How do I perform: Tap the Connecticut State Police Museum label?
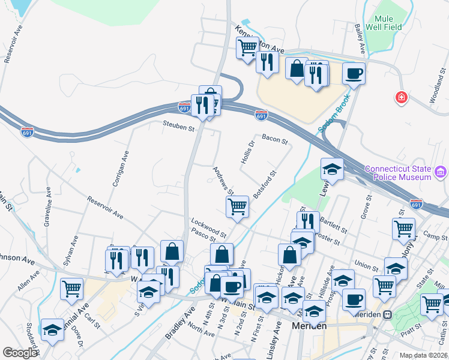(398, 173)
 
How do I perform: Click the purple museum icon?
(441, 173)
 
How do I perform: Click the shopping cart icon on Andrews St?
(237, 206)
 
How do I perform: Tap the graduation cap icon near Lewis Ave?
(332, 170)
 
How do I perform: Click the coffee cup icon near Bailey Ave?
(354, 73)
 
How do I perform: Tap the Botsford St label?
(264, 185)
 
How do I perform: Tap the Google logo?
(20, 352)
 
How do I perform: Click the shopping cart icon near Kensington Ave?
(247, 47)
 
